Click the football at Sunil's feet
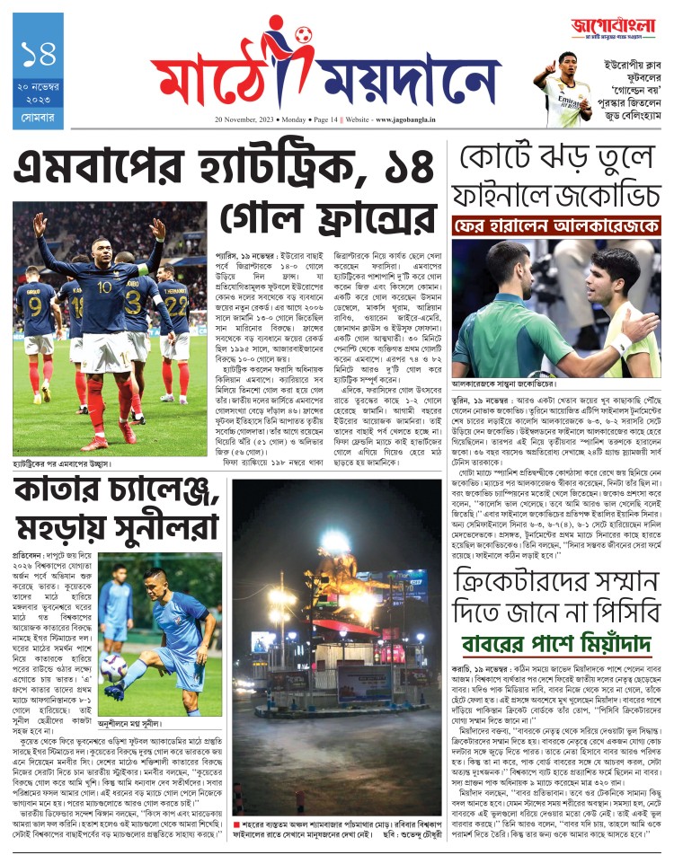coord(113,667)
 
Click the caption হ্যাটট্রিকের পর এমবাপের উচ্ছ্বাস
coord(63,464)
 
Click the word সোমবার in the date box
coord(40,115)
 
